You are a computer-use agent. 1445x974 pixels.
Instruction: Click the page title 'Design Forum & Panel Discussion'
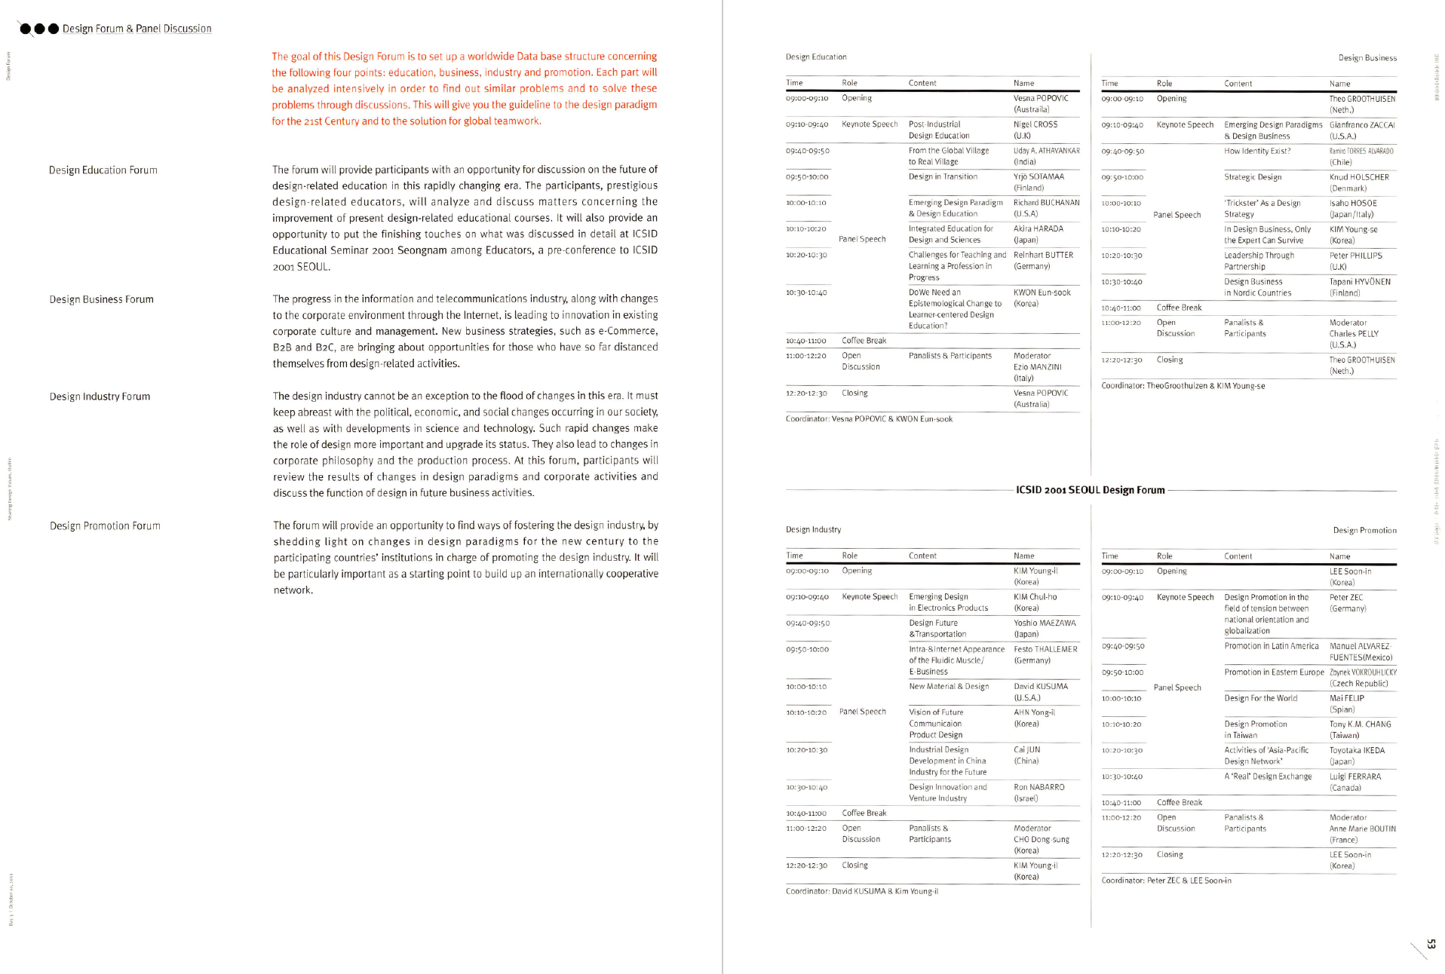137,29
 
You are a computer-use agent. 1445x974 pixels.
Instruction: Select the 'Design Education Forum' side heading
103,170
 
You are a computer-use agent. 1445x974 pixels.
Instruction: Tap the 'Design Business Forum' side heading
102,299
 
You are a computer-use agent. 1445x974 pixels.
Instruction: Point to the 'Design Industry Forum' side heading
100,397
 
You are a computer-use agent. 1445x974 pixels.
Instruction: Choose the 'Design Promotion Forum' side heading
105,526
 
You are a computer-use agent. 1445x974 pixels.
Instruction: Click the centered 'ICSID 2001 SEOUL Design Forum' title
1090,490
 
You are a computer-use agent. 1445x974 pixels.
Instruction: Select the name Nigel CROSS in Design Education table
1035,124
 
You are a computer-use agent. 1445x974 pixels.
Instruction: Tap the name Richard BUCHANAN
1046,203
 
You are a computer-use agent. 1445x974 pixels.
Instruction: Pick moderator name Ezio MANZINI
1037,367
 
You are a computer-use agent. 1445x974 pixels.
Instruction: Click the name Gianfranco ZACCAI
1362,125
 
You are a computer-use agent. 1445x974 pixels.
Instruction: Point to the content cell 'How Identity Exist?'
1257,151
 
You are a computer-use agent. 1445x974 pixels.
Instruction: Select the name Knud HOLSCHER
1359,177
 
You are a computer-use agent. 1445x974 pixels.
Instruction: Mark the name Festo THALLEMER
1045,649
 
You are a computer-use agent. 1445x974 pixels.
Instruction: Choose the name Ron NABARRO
1039,787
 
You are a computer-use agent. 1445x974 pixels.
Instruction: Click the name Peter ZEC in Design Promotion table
1346,598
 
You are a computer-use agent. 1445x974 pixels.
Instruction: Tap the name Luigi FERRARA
1355,776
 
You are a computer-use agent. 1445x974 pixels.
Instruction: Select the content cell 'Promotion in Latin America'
1272,646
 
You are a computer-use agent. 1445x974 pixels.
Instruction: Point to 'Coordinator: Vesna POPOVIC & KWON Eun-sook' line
869,419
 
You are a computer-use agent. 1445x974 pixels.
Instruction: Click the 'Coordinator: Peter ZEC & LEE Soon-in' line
1166,881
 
